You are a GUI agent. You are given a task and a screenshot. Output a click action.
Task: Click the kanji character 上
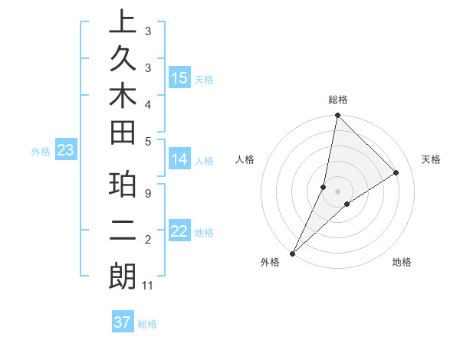pyautogui.click(x=123, y=23)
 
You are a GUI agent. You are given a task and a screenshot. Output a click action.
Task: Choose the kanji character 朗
pyautogui.click(x=123, y=277)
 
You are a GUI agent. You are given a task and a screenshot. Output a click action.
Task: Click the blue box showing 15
pyautogui.click(x=179, y=78)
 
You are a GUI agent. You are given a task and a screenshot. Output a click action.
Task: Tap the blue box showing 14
pyautogui.click(x=179, y=159)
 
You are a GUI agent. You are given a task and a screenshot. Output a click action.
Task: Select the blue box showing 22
pyautogui.click(x=179, y=231)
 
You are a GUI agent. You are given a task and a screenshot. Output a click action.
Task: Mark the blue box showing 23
pyautogui.click(x=65, y=151)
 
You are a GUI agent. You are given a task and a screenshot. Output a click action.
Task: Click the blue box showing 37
pyautogui.click(x=122, y=322)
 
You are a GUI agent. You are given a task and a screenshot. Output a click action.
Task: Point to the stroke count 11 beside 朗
pyautogui.click(x=149, y=286)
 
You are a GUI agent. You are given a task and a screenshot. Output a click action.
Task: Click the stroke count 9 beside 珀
pyautogui.click(x=148, y=192)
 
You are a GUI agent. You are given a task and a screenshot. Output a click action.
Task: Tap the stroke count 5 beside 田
pyautogui.click(x=148, y=140)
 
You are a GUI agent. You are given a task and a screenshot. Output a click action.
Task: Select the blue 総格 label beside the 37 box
pyautogui.click(x=148, y=324)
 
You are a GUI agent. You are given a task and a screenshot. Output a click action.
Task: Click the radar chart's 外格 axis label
pyautogui.click(x=270, y=263)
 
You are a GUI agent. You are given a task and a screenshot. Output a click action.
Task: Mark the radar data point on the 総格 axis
pyautogui.click(x=337, y=115)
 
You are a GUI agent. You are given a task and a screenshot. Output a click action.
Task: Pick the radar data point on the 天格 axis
pyautogui.click(x=396, y=172)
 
